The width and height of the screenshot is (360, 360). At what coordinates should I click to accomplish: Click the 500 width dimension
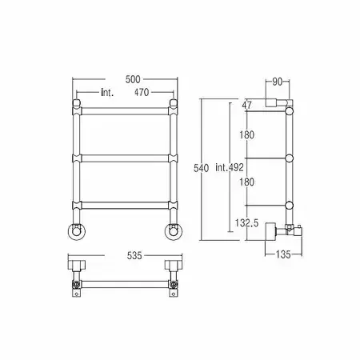(x=133, y=79)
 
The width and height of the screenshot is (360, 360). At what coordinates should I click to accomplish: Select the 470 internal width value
(x=142, y=92)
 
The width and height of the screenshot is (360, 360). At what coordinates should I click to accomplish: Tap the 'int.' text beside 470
(x=107, y=93)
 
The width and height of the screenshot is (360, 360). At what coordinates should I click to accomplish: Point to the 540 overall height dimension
(x=201, y=168)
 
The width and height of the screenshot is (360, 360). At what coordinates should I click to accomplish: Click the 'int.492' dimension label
(x=230, y=167)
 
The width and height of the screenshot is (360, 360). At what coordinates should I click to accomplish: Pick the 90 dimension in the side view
(x=278, y=82)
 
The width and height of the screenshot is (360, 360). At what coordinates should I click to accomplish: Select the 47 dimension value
(x=246, y=105)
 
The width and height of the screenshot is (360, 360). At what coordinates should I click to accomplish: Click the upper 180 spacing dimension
(x=246, y=134)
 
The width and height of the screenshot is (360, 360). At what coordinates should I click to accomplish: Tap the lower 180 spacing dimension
(x=246, y=182)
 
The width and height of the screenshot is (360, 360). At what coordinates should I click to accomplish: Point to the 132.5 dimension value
(x=246, y=222)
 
